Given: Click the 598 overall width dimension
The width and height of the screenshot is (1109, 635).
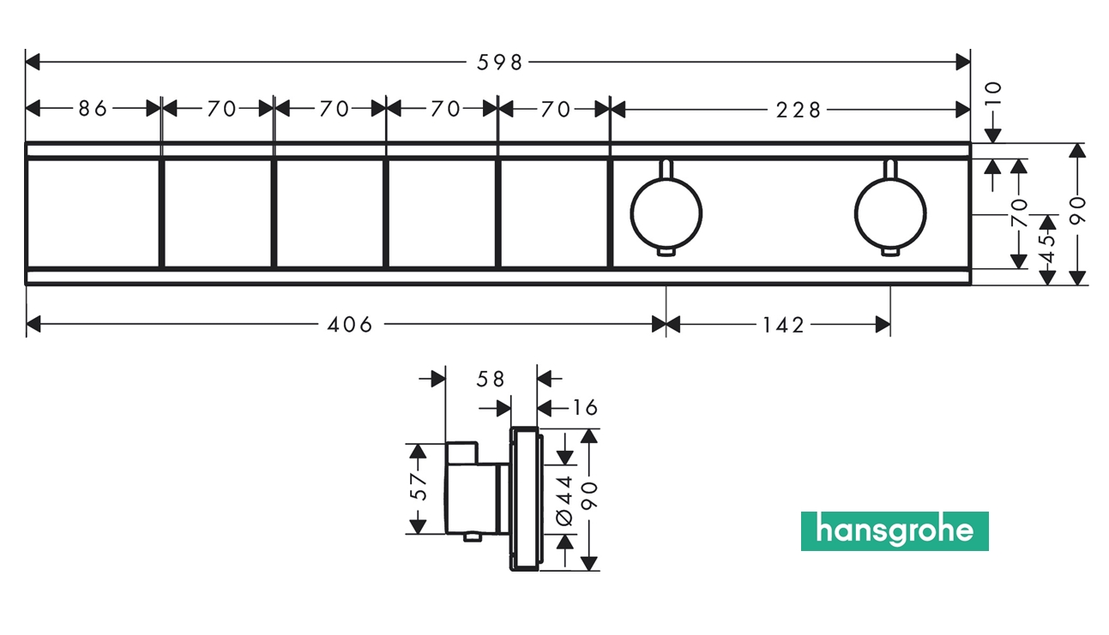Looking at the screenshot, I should click(x=499, y=62).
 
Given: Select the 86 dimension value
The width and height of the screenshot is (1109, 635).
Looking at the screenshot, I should click(x=92, y=109).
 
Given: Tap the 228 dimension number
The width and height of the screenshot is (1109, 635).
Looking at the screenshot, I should click(x=799, y=109).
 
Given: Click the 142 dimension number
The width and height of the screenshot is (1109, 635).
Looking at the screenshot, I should click(x=782, y=325).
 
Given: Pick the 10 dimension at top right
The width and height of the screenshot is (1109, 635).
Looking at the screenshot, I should click(x=993, y=93).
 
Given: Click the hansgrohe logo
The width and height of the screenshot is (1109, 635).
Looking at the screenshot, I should click(x=895, y=531).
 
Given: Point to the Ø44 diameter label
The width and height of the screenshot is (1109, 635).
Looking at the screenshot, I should click(x=564, y=499).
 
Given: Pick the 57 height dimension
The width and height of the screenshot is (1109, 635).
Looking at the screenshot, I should click(x=418, y=487).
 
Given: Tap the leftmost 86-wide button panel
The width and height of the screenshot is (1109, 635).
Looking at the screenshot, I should click(x=93, y=213).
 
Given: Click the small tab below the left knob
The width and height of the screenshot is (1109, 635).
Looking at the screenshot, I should click(x=666, y=251).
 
